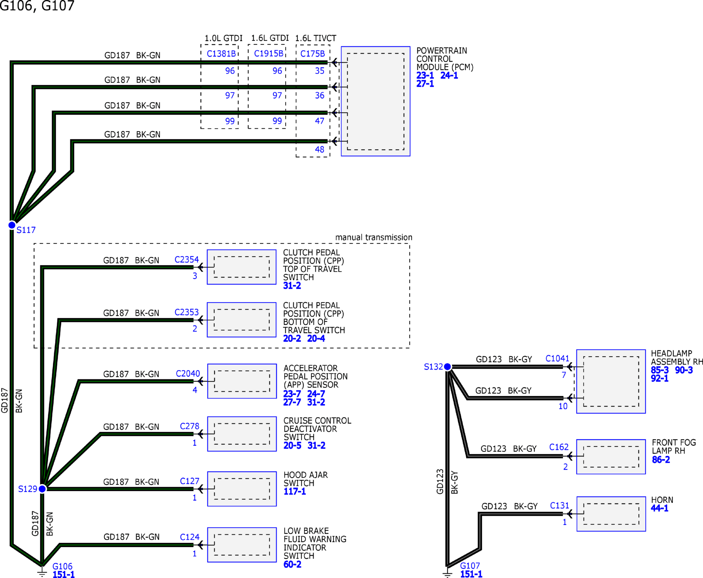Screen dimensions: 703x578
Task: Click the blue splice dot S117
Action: click(x=12, y=225)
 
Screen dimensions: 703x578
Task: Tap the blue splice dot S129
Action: click(x=42, y=489)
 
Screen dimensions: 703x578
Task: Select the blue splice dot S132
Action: click(x=447, y=367)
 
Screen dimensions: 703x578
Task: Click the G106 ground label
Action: click(x=62, y=566)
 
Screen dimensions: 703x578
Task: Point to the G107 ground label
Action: click(x=470, y=566)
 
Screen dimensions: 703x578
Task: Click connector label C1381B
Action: click(x=221, y=53)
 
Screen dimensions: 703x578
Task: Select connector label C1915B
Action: click(x=269, y=53)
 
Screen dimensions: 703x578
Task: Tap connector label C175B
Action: click(x=313, y=53)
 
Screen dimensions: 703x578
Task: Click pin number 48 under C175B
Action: click(x=319, y=150)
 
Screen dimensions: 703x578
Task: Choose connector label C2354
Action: click(x=187, y=259)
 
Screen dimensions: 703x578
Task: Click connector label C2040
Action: click(x=188, y=374)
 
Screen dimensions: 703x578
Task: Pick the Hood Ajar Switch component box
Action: click(x=242, y=489)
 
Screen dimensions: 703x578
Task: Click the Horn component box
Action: click(x=611, y=514)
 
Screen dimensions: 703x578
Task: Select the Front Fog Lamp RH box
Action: click(x=611, y=457)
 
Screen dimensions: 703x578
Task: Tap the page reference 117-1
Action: click(x=295, y=491)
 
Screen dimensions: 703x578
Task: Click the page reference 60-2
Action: click(x=292, y=564)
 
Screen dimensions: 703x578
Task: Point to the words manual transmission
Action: click(x=374, y=237)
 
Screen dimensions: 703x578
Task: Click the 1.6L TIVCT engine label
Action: click(x=316, y=38)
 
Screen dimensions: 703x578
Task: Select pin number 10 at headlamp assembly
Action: click(x=563, y=406)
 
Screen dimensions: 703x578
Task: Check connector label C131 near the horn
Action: click(x=559, y=505)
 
